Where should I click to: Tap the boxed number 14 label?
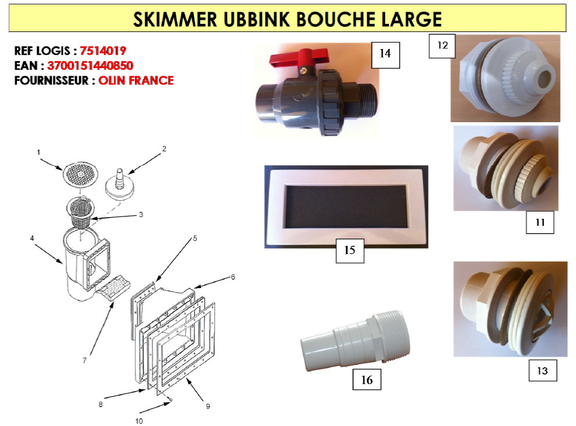[x=384, y=54]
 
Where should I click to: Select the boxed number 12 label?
[x=442, y=45]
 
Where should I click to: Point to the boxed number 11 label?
[x=540, y=222]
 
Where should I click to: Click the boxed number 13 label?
[x=542, y=370]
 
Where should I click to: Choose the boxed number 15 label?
[x=349, y=250]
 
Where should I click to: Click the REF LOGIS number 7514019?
[x=103, y=51]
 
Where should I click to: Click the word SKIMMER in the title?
[x=175, y=19]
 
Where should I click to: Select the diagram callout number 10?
[x=139, y=420]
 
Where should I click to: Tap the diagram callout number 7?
[x=84, y=360]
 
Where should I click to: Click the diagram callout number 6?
[x=232, y=277]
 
